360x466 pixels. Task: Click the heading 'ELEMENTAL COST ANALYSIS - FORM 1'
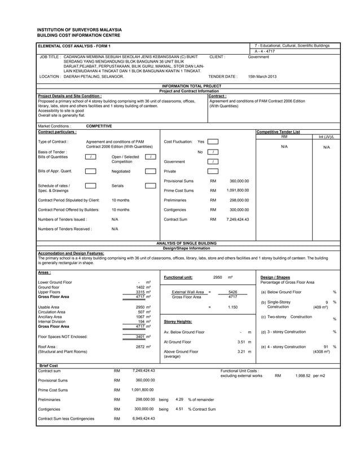(x=74, y=45)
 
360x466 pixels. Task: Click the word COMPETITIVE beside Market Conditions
(x=99, y=126)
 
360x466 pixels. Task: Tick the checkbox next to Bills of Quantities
(x=91, y=157)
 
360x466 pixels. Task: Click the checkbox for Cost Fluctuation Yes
(x=213, y=142)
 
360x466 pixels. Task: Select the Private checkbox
(x=213, y=171)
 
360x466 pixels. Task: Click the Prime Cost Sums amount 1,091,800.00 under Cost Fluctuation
(x=237, y=191)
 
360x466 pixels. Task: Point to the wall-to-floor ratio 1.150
(x=232, y=307)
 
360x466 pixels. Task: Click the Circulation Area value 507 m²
(x=144, y=311)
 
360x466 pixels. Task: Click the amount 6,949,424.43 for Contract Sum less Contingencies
(x=143, y=419)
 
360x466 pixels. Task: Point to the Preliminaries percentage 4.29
(x=179, y=399)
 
